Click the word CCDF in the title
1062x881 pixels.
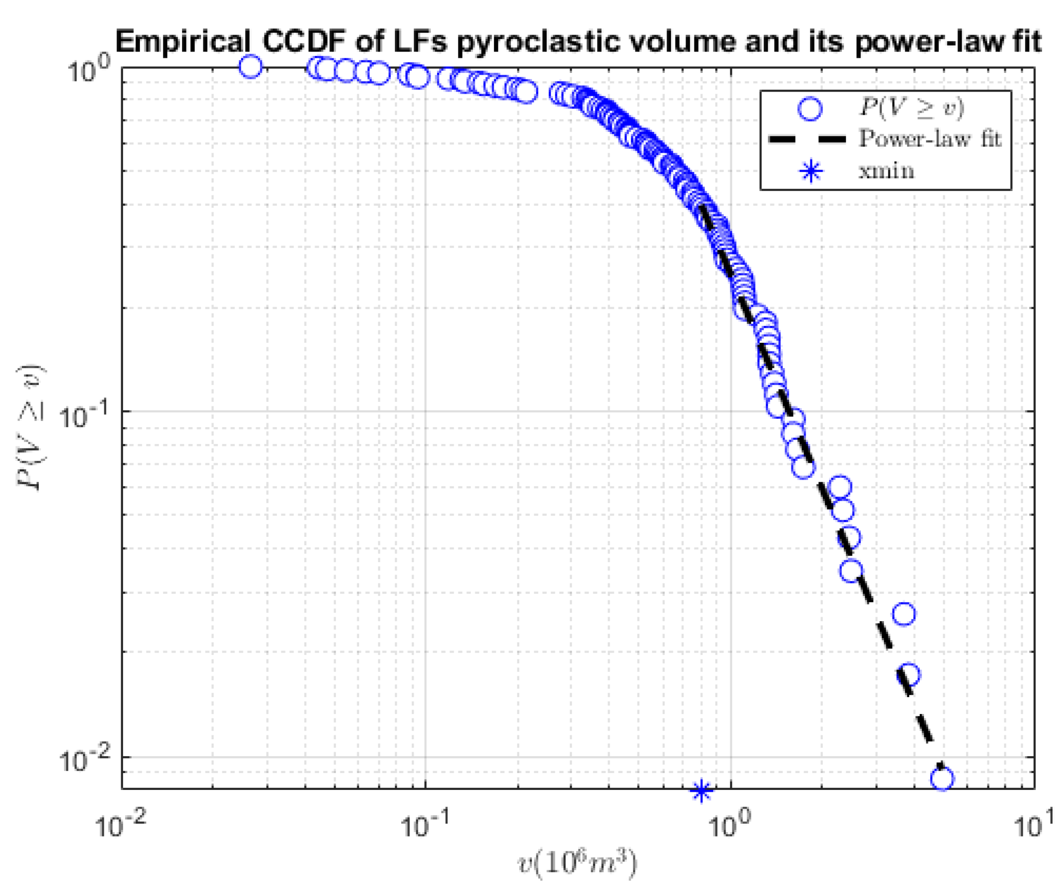click(304, 41)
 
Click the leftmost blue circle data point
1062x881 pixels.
click(250, 66)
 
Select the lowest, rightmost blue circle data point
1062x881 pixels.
click(942, 779)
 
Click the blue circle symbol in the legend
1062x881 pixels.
click(810, 108)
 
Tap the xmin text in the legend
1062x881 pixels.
click(886, 171)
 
